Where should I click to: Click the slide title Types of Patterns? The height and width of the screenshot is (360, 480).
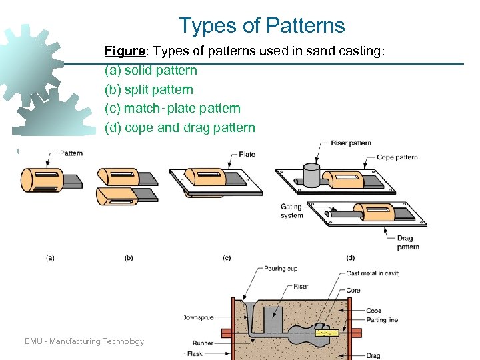point(261,26)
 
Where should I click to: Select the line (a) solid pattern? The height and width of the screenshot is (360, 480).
point(151,70)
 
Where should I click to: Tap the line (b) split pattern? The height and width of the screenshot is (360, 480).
point(149,89)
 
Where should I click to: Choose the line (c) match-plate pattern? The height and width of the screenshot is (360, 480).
point(173,108)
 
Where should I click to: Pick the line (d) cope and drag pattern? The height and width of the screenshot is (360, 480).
point(180,127)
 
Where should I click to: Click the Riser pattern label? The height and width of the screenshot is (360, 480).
point(351,143)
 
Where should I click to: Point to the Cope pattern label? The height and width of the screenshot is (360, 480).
point(397,157)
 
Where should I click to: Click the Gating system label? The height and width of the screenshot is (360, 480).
point(292,211)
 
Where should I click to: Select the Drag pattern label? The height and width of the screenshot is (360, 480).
point(406,242)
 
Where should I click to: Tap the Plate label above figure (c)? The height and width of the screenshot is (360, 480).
point(247,155)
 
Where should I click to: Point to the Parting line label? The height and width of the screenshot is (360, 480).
point(383,320)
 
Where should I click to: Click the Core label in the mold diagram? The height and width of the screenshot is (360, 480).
point(354,291)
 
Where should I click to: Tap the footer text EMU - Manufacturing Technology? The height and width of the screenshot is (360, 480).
point(84,341)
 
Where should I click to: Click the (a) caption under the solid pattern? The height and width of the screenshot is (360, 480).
point(50,257)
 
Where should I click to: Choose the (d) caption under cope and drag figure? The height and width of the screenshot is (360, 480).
point(351,257)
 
